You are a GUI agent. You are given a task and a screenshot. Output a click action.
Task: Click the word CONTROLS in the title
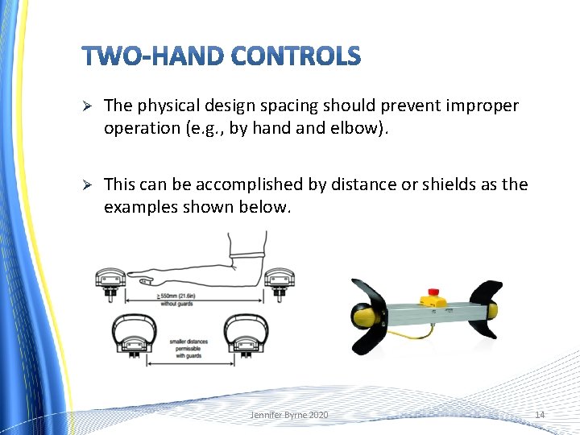[296, 56]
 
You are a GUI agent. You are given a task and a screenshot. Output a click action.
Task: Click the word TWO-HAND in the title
[153, 56]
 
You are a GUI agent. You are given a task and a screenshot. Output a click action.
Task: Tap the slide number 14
[540, 414]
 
